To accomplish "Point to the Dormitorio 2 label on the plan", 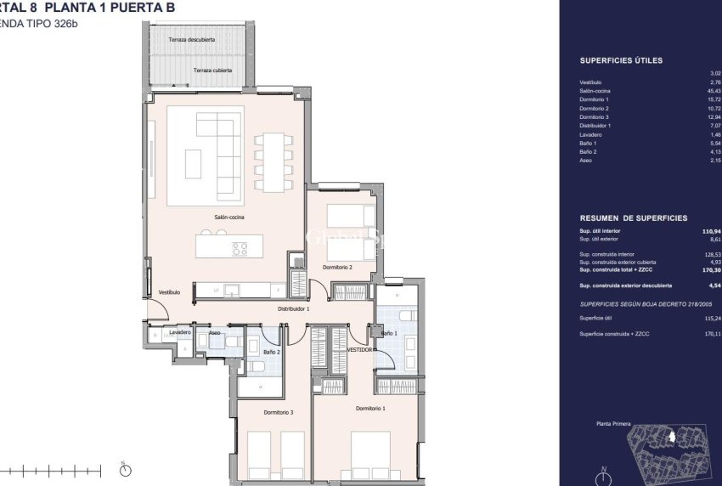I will click(337, 267).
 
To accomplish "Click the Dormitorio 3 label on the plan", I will click(278, 412).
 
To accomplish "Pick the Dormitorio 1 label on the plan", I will click(371, 409).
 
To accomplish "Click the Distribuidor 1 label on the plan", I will click(293, 309).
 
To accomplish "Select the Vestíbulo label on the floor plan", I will click(169, 292).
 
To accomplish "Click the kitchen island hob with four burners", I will click(240, 248).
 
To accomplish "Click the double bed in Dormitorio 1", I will click(371, 455).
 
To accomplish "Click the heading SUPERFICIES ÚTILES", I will click(621, 61).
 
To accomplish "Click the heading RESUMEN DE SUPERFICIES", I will click(633, 218).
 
